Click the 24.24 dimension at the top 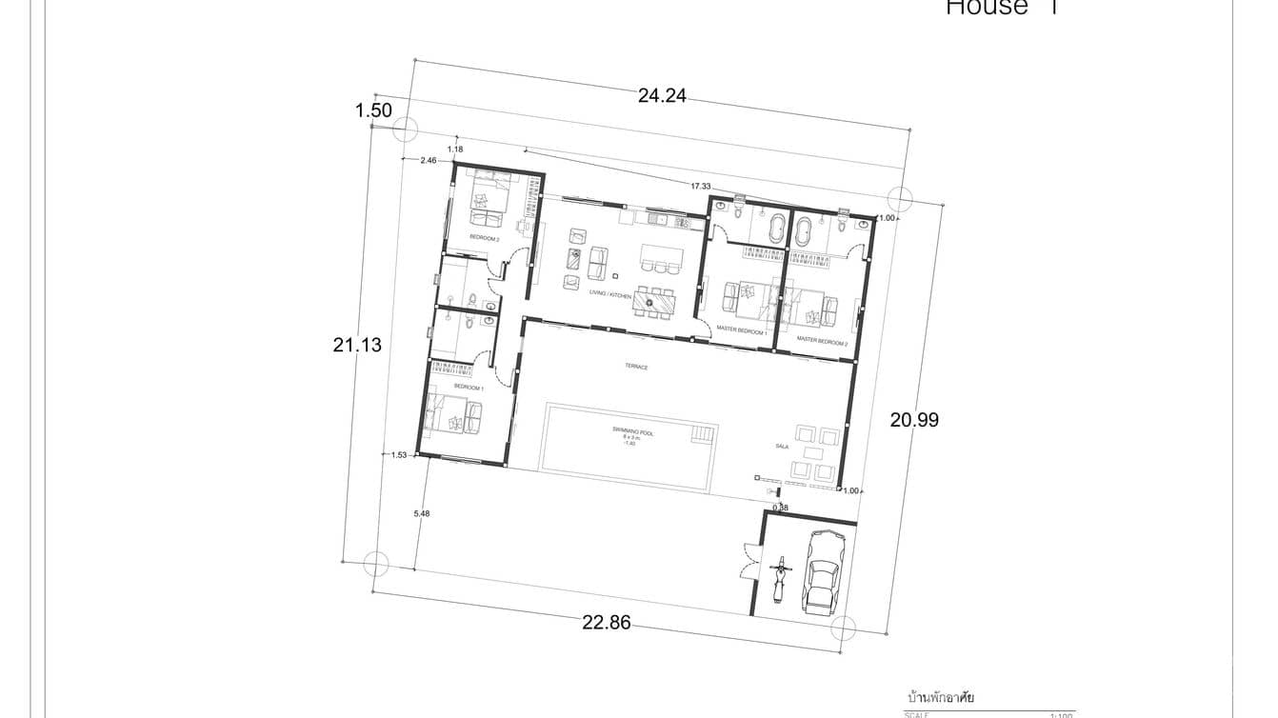pyautogui.click(x=662, y=95)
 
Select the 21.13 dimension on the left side pyautogui.click(x=357, y=345)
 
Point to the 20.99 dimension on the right pyautogui.click(x=914, y=419)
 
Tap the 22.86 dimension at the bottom pyautogui.click(x=606, y=623)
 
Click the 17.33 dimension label pyautogui.click(x=701, y=186)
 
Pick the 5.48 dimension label pyautogui.click(x=422, y=514)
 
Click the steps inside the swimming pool pyautogui.click(x=702, y=435)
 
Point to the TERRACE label pyautogui.click(x=636, y=366)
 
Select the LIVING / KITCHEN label pyautogui.click(x=610, y=295)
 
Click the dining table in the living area pyautogui.click(x=653, y=303)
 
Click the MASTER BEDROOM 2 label pyautogui.click(x=822, y=340)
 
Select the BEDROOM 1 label pyautogui.click(x=469, y=388)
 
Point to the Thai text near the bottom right pyautogui.click(x=940, y=698)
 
